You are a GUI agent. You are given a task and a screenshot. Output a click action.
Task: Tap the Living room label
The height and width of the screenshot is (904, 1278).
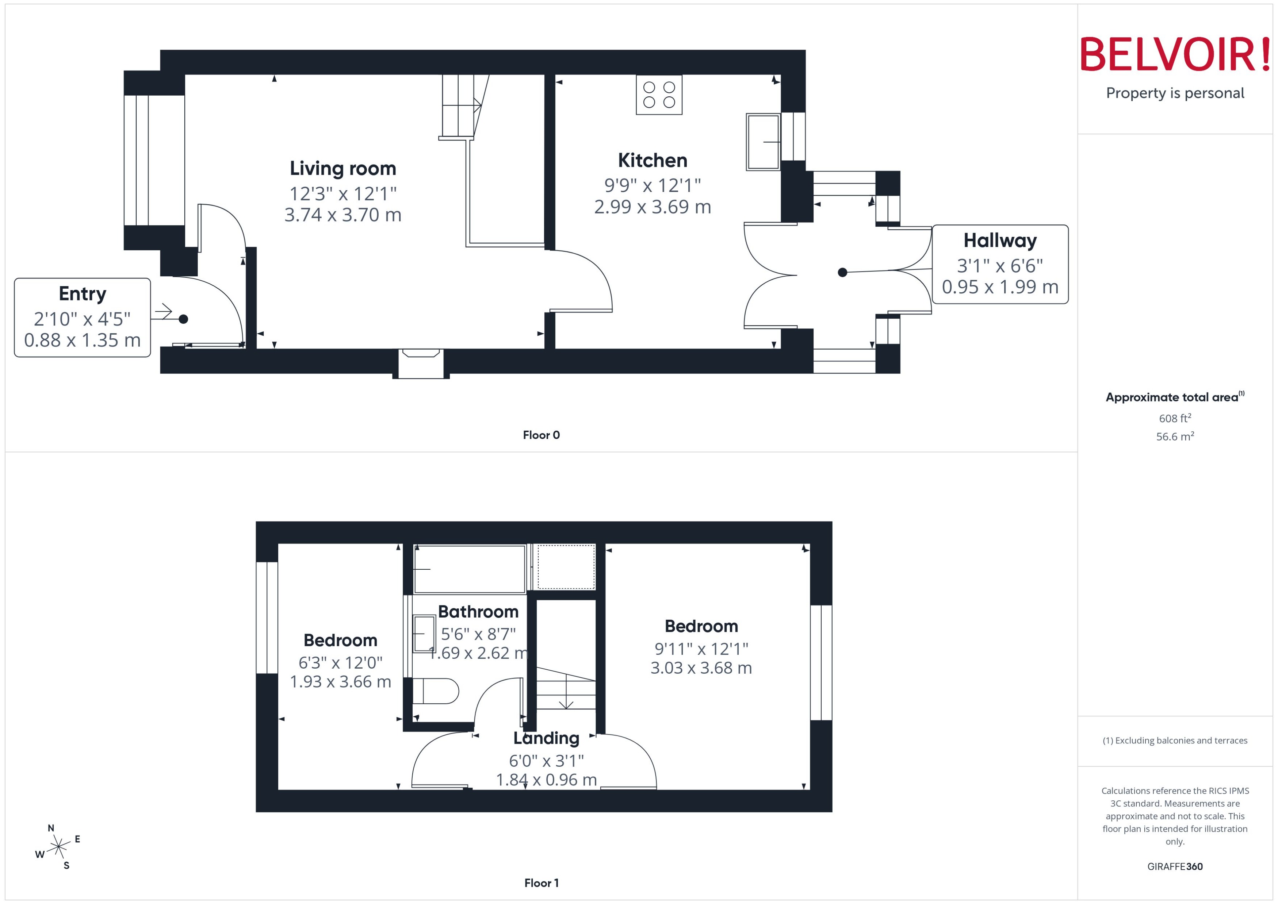click(343, 168)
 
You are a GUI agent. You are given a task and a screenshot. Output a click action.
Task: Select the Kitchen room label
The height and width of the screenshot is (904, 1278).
click(652, 160)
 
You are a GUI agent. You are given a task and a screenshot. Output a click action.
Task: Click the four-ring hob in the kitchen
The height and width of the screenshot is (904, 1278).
click(659, 95)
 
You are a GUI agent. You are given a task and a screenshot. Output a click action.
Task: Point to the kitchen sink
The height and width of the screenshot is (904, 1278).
click(762, 142)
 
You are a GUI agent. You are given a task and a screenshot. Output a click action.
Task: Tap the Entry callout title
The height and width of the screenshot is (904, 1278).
click(83, 293)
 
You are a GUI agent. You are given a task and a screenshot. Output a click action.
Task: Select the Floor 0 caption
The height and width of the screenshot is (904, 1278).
click(541, 435)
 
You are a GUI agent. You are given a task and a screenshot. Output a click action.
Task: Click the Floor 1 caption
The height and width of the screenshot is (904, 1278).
click(541, 882)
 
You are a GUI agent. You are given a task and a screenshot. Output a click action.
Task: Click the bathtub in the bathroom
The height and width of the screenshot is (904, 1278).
click(470, 569)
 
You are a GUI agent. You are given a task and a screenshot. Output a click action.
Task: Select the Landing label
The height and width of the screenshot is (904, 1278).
click(546, 738)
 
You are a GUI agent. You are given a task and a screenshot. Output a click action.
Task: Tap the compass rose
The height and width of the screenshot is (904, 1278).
click(58, 847)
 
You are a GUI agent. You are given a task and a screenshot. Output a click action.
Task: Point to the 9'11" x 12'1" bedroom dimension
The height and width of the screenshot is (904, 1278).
click(701, 649)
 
